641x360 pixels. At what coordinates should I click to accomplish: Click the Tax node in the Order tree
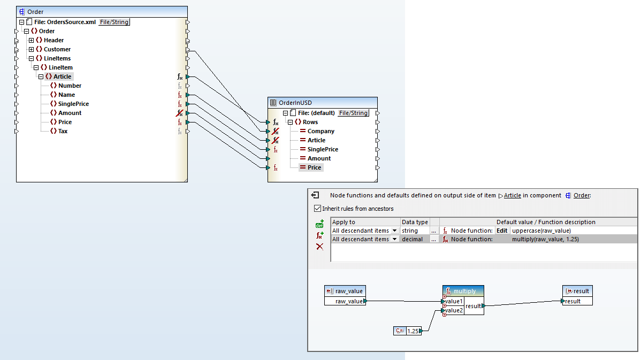click(x=63, y=131)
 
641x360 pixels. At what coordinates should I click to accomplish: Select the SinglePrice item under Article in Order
click(x=73, y=104)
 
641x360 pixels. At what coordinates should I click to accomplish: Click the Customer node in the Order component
click(x=57, y=49)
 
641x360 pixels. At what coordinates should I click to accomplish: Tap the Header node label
click(x=54, y=40)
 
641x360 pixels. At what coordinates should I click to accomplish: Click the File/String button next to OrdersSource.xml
click(x=114, y=22)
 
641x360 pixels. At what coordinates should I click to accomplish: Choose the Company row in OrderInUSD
click(x=321, y=131)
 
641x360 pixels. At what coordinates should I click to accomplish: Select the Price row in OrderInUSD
click(x=315, y=167)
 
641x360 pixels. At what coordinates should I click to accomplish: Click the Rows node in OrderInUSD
click(x=310, y=122)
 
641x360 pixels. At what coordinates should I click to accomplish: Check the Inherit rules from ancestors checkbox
click(x=318, y=209)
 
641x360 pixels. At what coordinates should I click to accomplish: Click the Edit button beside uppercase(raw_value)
click(x=502, y=231)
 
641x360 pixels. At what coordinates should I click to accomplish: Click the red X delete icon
click(x=319, y=247)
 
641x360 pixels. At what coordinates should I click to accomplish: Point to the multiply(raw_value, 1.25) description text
click(x=545, y=240)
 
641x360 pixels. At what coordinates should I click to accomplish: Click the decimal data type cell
click(x=412, y=240)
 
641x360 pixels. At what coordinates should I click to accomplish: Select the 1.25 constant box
click(x=414, y=331)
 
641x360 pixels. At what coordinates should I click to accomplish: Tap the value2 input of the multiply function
click(x=454, y=311)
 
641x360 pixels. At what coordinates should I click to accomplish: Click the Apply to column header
click(x=344, y=222)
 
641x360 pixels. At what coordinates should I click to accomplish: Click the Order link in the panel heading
click(x=582, y=195)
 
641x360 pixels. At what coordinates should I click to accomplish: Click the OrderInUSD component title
click(x=295, y=103)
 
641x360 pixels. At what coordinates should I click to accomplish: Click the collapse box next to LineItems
click(x=32, y=58)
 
